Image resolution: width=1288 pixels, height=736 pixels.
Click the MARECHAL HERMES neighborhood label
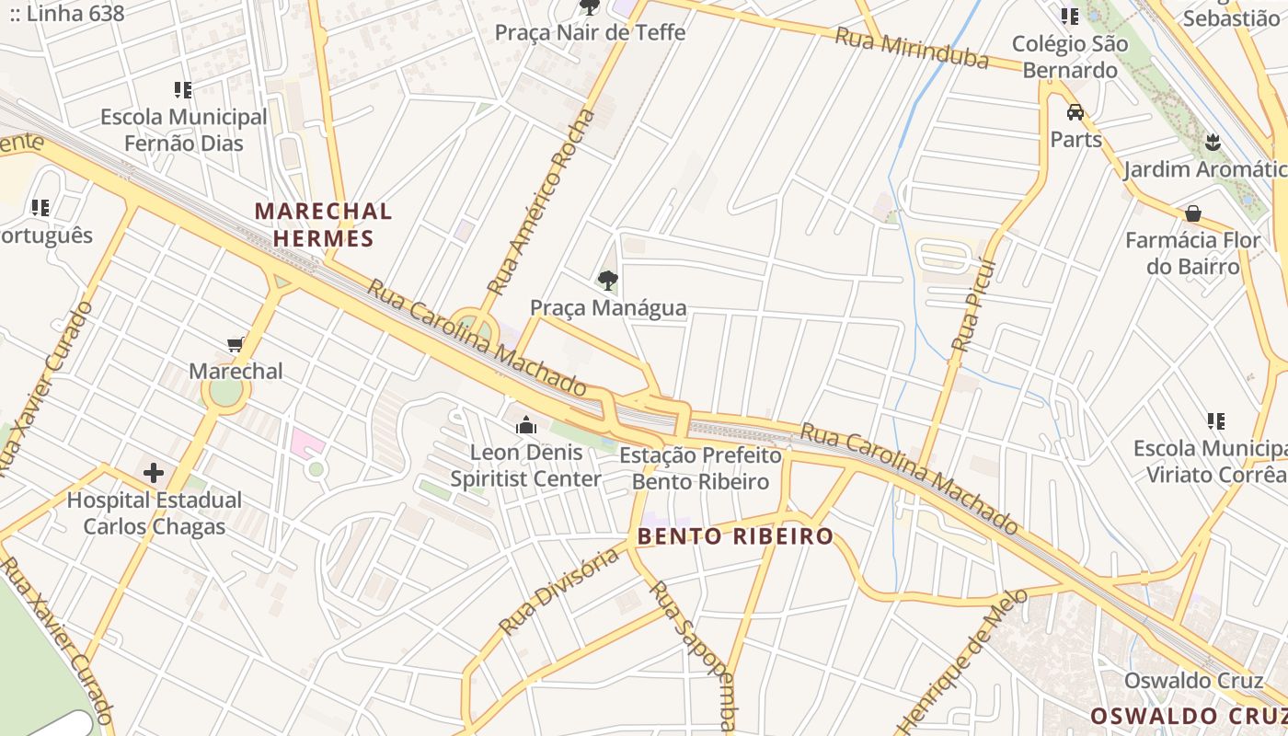click(x=323, y=224)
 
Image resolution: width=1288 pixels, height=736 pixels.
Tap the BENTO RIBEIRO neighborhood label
click(x=735, y=536)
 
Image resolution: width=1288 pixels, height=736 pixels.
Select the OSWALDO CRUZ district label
click(x=1188, y=716)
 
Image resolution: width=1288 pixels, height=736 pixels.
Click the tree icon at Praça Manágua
click(x=607, y=281)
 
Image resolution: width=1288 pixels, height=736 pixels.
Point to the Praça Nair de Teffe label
click(x=590, y=32)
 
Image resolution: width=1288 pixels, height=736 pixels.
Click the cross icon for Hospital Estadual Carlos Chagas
click(x=154, y=473)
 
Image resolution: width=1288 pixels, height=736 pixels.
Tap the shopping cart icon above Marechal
click(x=236, y=345)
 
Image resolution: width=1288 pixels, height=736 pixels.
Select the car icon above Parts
click(x=1075, y=112)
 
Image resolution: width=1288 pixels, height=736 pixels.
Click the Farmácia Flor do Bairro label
click(x=1192, y=253)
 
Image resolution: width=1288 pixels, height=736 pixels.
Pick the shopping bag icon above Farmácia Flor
click(x=1193, y=213)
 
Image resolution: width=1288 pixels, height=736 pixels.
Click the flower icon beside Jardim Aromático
click(x=1212, y=143)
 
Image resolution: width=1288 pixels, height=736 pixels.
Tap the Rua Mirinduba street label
click(x=911, y=48)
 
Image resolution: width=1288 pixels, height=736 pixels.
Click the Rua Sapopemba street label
click(x=693, y=653)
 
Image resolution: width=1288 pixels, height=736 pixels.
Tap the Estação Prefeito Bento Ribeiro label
click(x=700, y=468)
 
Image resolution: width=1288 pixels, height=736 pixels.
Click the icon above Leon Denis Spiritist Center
click(x=526, y=425)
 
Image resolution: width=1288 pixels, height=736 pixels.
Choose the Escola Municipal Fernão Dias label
click(x=183, y=130)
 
